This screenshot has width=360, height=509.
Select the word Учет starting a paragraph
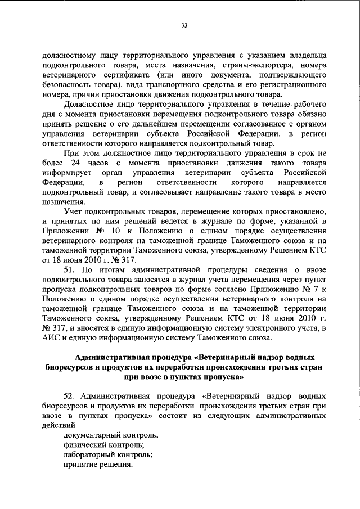(x=74, y=210)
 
